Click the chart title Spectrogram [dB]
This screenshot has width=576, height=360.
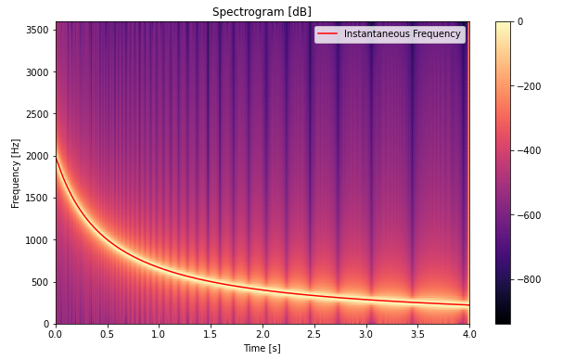click(x=262, y=12)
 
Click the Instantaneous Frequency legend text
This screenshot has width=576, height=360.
click(x=402, y=34)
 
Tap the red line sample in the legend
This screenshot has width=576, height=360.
click(x=328, y=34)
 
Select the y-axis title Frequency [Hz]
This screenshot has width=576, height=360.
click(x=16, y=173)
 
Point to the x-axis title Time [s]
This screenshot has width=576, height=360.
click(x=262, y=348)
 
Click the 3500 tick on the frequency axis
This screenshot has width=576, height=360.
click(x=37, y=30)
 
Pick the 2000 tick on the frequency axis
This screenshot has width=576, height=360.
click(x=37, y=156)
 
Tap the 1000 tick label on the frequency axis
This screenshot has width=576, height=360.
click(x=37, y=240)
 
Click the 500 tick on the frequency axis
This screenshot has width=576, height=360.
click(x=40, y=282)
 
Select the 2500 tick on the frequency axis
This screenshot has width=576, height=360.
click(x=37, y=114)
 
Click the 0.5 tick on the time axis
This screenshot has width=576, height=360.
click(x=108, y=333)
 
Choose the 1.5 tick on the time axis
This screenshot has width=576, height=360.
click(x=211, y=333)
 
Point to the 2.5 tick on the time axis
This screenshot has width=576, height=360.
click(x=314, y=333)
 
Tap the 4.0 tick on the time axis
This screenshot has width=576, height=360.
click(x=469, y=333)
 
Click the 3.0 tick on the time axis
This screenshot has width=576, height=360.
click(x=365, y=333)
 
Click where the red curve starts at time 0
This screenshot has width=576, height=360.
click(x=57, y=157)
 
